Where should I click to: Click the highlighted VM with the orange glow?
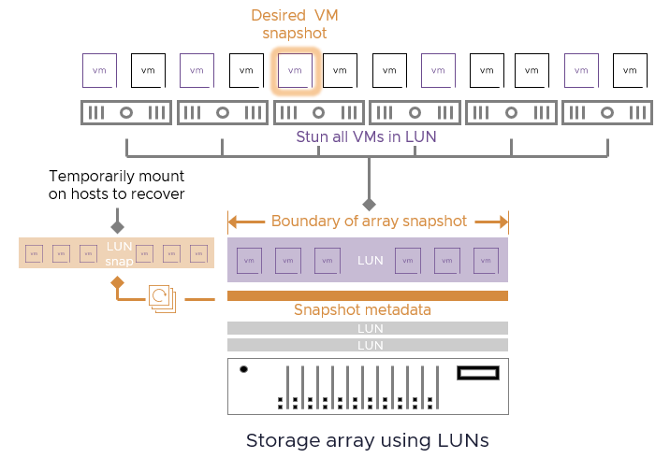click(x=295, y=70)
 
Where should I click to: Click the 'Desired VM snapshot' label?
click(x=295, y=25)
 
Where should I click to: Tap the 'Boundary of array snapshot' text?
click(x=368, y=222)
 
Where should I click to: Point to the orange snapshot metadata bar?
click(x=368, y=295)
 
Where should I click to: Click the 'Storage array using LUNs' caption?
click(x=368, y=439)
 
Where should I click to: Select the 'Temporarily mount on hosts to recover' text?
click(x=117, y=185)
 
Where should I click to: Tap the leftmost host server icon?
click(x=125, y=113)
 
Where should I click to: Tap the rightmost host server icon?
click(x=606, y=113)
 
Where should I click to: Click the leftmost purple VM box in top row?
click(x=100, y=70)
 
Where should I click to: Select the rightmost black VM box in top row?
click(x=630, y=70)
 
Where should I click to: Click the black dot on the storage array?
click(x=244, y=369)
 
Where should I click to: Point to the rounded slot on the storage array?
click(x=477, y=373)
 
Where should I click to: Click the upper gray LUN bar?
click(x=368, y=328)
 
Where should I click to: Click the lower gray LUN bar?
click(x=368, y=345)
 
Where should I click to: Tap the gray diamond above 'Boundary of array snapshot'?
click(x=369, y=204)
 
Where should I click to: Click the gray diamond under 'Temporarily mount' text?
click(x=117, y=226)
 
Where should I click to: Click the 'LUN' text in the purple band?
click(x=371, y=260)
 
